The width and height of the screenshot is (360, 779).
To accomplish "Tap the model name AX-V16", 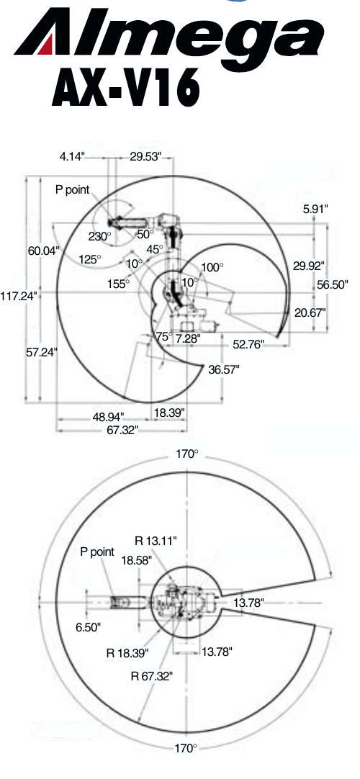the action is pos(126,87).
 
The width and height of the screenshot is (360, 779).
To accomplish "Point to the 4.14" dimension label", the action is pos(73,156).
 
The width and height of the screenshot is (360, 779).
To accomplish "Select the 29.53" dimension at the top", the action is pos(146,156).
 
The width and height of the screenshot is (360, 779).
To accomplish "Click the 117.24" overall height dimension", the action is pos(19,296).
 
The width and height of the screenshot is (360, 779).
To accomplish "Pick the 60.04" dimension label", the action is pos(43,251).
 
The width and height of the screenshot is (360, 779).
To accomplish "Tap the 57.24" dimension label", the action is pos(42,352).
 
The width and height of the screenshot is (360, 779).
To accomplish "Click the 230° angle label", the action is pos(100,236).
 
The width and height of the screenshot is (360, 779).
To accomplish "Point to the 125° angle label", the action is pos(90,259).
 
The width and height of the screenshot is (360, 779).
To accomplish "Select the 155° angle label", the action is pos(118,284).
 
